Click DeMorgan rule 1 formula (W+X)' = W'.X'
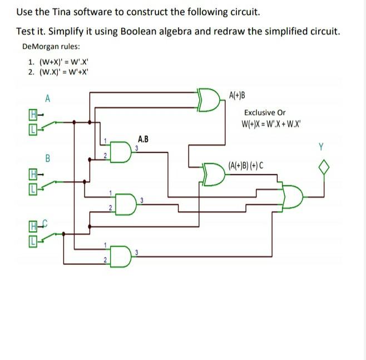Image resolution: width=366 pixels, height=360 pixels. (63, 63)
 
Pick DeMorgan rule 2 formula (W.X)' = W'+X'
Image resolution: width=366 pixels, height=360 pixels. (63, 72)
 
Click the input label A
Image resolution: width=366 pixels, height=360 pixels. (48, 99)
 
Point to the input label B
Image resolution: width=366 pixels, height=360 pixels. (48, 158)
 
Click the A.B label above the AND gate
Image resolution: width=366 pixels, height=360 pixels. (143, 139)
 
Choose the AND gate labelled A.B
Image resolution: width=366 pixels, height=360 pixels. (121, 153)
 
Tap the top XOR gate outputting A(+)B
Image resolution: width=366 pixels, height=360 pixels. (210, 99)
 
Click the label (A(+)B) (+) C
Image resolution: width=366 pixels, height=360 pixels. (246, 165)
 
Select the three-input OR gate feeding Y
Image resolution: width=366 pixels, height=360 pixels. (293, 196)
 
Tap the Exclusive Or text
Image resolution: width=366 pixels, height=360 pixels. (265, 112)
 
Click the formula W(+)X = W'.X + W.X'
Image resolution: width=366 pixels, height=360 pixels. (271, 123)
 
